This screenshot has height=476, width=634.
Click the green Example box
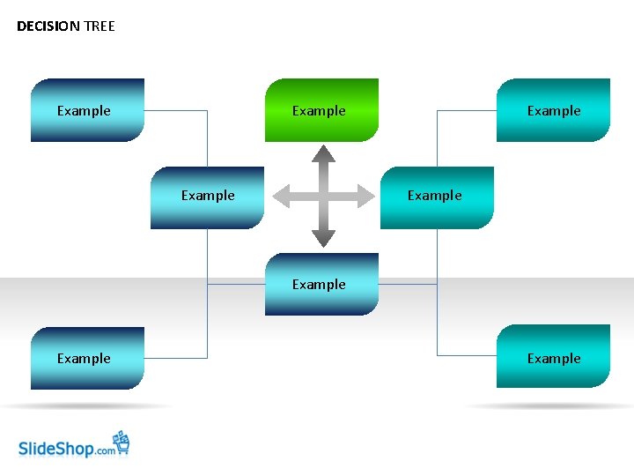pyautogui.click(x=321, y=110)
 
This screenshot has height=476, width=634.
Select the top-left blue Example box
pyautogui.click(x=87, y=110)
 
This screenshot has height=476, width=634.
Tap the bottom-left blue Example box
pyautogui.click(x=87, y=358)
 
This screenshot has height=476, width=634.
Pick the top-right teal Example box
pyautogui.click(x=553, y=110)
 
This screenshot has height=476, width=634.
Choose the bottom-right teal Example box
pyautogui.click(x=553, y=357)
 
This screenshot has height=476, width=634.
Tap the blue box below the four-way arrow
pyautogui.click(x=321, y=284)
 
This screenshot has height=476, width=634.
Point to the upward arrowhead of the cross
pyautogui.click(x=323, y=153)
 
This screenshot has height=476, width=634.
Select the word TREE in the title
pyautogui.click(x=100, y=26)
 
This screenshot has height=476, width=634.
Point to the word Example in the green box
pyautogui.click(x=319, y=111)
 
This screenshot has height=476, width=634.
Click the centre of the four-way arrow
pyautogui.click(x=323, y=196)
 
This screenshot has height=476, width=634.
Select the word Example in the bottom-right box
pyautogui.click(x=554, y=359)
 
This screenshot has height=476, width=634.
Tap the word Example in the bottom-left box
pyautogui.click(x=84, y=359)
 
